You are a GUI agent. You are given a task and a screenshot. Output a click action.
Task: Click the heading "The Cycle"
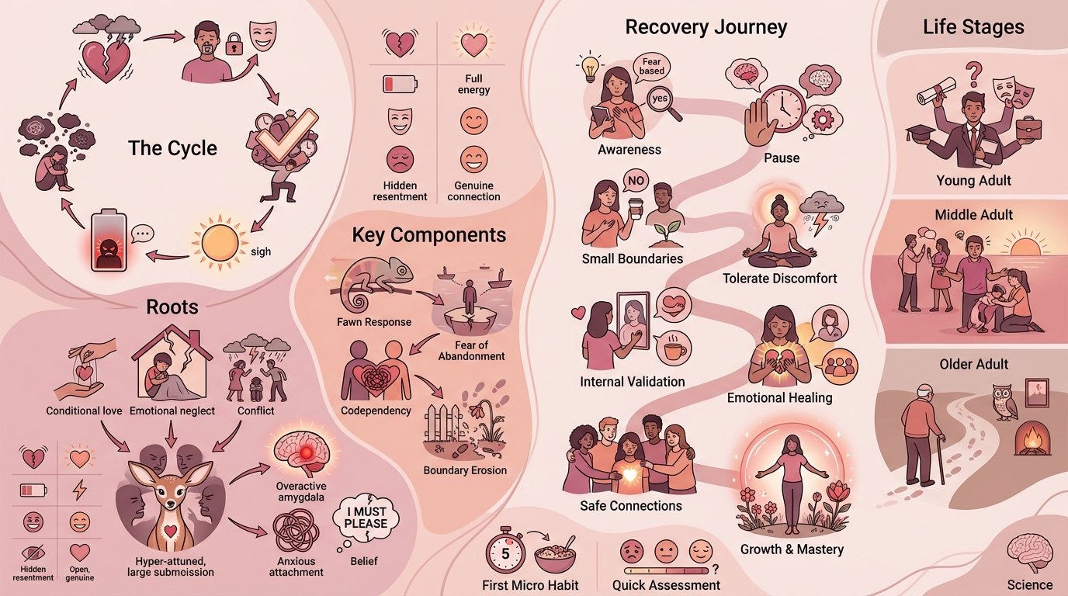pos(172,148)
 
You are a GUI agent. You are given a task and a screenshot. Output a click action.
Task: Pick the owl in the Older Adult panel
pos(1004,401)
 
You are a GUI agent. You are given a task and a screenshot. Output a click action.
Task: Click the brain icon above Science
pos(1030,553)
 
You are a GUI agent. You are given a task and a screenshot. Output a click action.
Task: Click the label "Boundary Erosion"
pos(464,470)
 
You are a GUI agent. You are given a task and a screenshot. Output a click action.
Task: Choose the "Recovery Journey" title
pos(706,28)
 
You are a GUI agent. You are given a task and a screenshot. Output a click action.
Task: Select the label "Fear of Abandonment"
pos(471,350)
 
